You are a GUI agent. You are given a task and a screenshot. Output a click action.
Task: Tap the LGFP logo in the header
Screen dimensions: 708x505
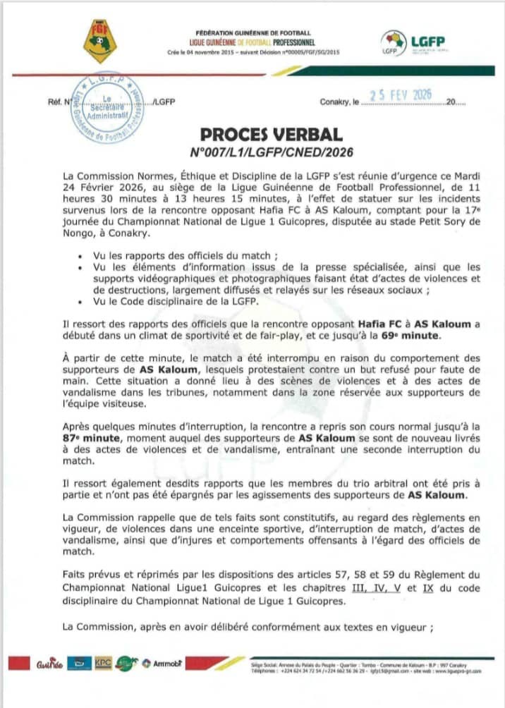coord(413,43)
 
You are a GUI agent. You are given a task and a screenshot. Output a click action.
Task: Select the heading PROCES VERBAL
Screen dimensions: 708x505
coord(272,134)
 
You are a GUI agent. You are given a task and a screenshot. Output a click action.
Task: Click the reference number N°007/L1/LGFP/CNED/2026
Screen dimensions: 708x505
coord(272,151)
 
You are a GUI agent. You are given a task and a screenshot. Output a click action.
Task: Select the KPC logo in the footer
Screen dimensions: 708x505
coord(103,663)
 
